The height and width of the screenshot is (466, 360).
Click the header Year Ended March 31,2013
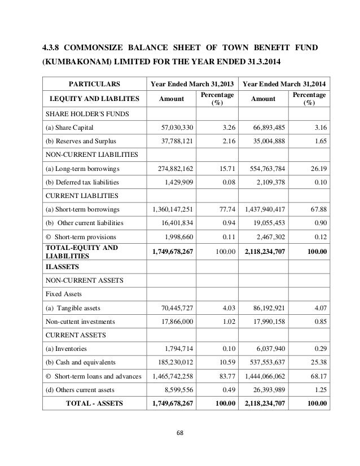191,85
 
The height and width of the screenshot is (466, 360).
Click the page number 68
179,434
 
